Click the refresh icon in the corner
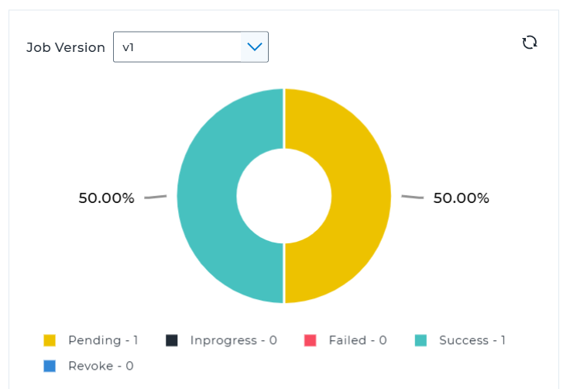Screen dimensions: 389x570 (530, 43)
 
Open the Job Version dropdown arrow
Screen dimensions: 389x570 (254, 47)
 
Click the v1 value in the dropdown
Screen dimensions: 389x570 (129, 47)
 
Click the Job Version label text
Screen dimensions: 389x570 (66, 47)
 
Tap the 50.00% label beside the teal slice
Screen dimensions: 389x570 (106, 198)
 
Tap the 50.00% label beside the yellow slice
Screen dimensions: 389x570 (461, 198)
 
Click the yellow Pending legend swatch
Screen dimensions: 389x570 (50, 340)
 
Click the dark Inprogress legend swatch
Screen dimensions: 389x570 (172, 340)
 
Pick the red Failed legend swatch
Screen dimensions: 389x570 (311, 340)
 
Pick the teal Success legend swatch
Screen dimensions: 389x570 (421, 340)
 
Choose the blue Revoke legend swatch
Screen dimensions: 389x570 (50, 366)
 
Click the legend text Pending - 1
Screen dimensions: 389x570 (103, 340)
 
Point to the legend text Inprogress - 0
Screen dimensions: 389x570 (233, 340)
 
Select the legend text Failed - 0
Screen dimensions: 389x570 (357, 340)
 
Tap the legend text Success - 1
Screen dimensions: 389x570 (472, 340)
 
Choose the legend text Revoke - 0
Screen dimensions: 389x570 (101, 366)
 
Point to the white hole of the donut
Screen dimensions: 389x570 (284, 195)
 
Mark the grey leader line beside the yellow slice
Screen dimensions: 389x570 (412, 197)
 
